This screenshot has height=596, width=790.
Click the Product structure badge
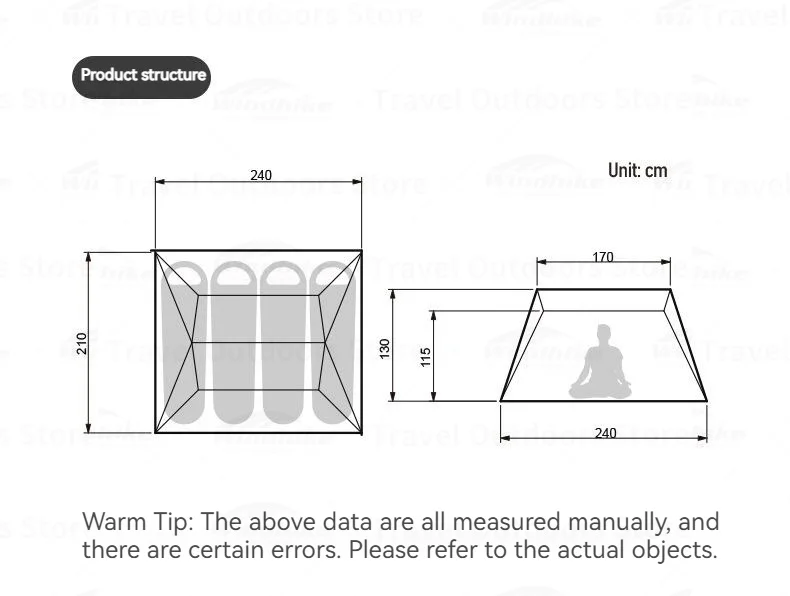tap(142, 75)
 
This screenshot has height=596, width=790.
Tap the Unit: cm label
tap(637, 171)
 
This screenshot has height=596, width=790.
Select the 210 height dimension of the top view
tap(82, 343)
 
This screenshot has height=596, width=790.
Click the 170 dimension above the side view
tap(602, 258)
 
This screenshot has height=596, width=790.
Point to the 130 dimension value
tap(385, 348)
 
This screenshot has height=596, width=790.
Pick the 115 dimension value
tap(426, 356)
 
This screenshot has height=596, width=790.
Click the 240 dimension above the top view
tap(260, 175)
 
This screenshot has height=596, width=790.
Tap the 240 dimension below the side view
tap(605, 433)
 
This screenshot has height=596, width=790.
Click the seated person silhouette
tap(601, 363)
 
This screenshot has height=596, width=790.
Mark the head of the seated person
tap(603, 333)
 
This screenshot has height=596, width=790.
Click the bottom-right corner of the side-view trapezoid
tap(707, 401)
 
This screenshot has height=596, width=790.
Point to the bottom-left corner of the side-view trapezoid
tap(500, 401)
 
